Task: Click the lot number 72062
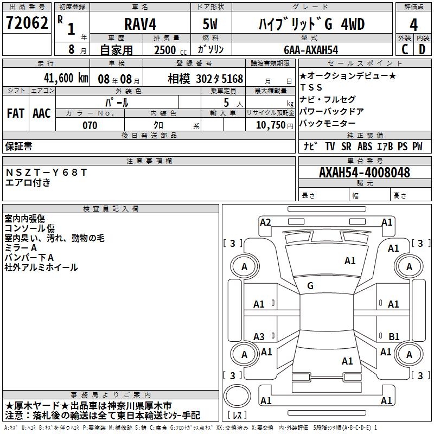click(x=27, y=24)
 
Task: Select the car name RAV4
click(x=140, y=24)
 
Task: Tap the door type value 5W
click(x=211, y=24)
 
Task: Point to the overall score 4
click(x=413, y=24)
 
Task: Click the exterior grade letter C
click(x=404, y=49)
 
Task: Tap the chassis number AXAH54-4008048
click(x=365, y=173)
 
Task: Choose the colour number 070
click(x=90, y=126)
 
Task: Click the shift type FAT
click(x=16, y=113)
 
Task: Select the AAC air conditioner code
click(x=42, y=113)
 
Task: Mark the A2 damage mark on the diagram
click(x=265, y=222)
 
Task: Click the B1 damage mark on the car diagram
click(x=394, y=336)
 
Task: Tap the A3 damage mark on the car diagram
click(x=259, y=336)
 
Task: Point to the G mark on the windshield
click(x=310, y=286)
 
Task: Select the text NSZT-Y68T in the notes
click(x=46, y=172)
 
